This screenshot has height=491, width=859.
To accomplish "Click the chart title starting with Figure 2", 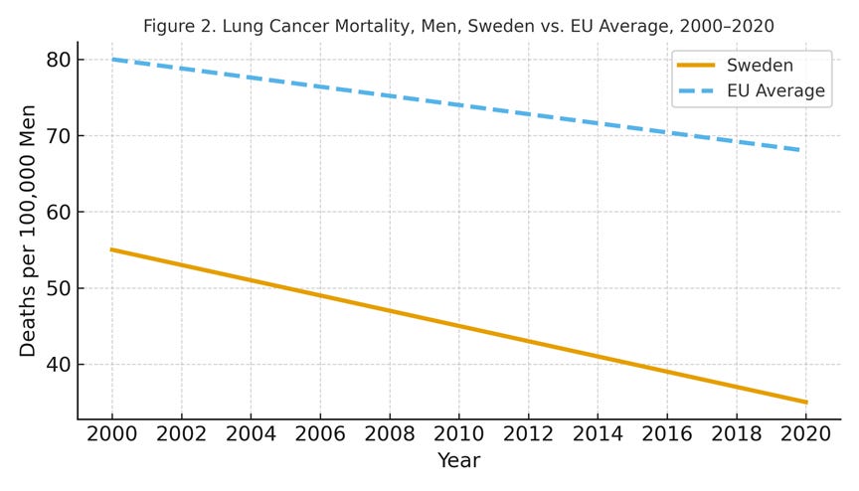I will (x=458, y=26).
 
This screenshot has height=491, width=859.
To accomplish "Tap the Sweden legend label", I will (x=761, y=66).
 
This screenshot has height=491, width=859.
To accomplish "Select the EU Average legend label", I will (x=775, y=91).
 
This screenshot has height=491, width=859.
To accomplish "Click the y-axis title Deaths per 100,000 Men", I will (x=28, y=231).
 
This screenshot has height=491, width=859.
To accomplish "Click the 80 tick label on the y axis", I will (x=57, y=60).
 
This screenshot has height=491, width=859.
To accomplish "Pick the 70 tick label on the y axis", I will (x=57, y=136).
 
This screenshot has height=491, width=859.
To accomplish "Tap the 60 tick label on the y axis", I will (x=57, y=213).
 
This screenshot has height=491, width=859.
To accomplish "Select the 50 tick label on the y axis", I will (x=57, y=289).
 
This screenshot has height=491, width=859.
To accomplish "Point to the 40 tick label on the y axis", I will (x=57, y=365).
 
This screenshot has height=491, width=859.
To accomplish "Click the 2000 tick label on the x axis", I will (x=111, y=436).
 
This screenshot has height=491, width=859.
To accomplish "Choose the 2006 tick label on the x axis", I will (x=320, y=436).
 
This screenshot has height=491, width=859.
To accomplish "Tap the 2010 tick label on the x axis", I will (x=458, y=436).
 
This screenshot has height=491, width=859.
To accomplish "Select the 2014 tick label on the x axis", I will (x=598, y=436).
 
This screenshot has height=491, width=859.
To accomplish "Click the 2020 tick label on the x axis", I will (x=805, y=436).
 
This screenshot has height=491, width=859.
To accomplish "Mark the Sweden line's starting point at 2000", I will (x=111, y=249).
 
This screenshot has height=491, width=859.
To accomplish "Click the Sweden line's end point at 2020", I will (x=805, y=403).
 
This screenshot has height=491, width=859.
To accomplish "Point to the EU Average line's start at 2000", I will (x=111, y=59).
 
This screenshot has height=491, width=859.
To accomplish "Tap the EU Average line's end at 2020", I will (x=805, y=151).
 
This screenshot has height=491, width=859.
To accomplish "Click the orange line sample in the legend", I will (x=696, y=66).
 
